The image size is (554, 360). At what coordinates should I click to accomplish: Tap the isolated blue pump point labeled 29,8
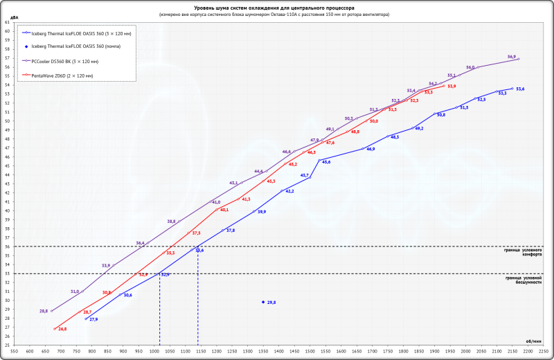pyautogui.click(x=263, y=302)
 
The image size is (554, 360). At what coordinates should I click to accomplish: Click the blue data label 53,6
pyautogui.click(x=520, y=89)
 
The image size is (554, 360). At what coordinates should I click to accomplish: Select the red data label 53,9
pyautogui.click(x=452, y=86)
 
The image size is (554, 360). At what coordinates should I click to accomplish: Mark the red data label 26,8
pyautogui.click(x=62, y=329)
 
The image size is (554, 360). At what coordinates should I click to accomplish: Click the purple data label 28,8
pyautogui.click(x=44, y=311)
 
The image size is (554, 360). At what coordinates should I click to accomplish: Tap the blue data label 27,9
pyautogui.click(x=93, y=319)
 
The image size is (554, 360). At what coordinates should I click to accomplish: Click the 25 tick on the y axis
pyautogui.click(x=8, y=345)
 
